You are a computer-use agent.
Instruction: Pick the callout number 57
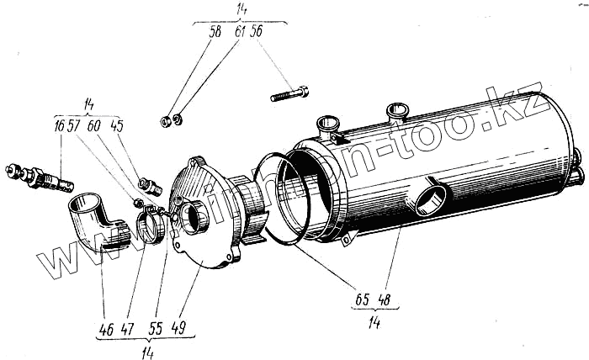(x=74, y=126)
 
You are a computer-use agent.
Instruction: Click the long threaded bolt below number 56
(x=290, y=94)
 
